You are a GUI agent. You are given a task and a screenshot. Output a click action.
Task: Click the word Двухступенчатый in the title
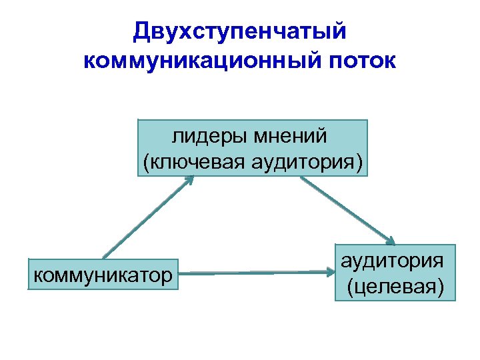(240, 31)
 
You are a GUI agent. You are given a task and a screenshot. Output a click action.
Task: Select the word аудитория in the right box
(392, 261)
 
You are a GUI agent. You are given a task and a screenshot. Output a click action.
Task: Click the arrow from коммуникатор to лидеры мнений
(147, 217)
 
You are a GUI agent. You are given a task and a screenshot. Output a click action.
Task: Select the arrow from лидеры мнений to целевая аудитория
(347, 211)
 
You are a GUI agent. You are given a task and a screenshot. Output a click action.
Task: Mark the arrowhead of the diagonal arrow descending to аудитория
(392, 241)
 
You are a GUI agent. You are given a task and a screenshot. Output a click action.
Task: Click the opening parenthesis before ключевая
(145, 161)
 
